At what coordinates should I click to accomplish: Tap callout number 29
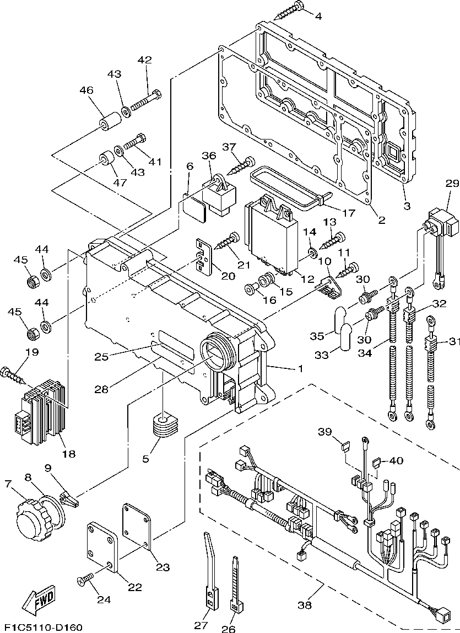coord(452,184)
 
